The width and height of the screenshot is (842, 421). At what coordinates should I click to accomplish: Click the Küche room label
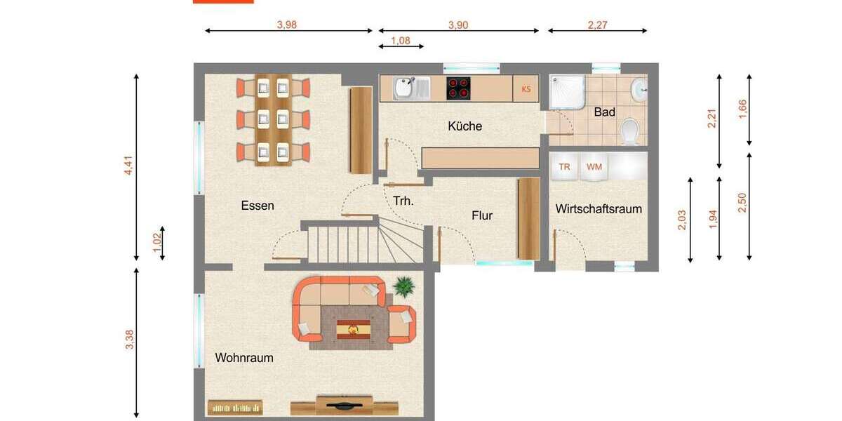[x=465, y=126]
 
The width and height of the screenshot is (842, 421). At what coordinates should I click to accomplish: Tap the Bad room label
[x=604, y=112]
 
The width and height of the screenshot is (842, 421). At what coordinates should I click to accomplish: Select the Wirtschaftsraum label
[x=599, y=209]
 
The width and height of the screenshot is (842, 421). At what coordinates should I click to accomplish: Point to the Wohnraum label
[x=244, y=358]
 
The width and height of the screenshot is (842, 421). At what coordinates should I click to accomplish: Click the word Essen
[x=258, y=206]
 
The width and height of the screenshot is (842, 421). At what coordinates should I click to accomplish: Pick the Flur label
[x=482, y=215]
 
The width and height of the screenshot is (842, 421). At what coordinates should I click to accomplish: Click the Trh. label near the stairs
[x=403, y=201]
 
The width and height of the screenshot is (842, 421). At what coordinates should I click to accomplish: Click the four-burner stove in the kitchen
[x=459, y=88]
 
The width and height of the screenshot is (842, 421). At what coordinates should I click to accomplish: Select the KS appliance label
[x=526, y=89]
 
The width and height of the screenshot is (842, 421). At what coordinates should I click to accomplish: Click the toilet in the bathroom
[x=631, y=131]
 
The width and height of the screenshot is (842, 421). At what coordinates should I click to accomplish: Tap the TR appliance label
[x=564, y=167]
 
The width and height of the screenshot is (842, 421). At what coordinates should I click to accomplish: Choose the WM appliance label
[x=594, y=167]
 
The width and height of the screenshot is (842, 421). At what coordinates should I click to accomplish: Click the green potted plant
[x=403, y=286]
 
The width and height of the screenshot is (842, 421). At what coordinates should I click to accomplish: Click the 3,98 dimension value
[x=287, y=25]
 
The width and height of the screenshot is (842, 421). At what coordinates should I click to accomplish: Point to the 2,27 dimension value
[x=598, y=25]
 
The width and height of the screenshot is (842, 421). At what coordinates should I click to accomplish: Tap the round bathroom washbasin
[x=639, y=89]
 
